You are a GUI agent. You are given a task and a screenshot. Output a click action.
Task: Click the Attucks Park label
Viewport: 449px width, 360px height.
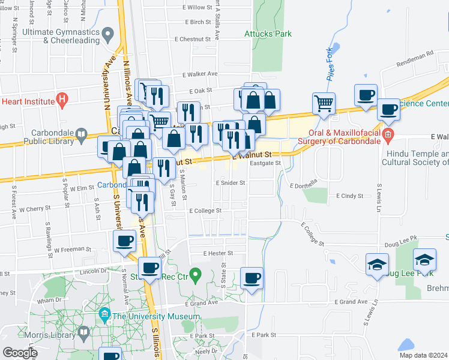[x=267, y=34]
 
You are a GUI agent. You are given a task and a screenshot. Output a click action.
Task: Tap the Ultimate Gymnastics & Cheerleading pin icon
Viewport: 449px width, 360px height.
[x=108, y=32]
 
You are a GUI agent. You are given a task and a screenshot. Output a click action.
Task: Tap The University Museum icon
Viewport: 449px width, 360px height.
[x=105, y=314]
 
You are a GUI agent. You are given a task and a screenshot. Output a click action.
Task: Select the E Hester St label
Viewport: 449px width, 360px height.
[x=217, y=253]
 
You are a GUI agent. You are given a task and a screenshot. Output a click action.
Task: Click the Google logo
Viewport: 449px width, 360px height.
[x=20, y=353]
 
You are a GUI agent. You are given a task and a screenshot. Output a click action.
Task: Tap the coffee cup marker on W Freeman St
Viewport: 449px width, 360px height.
[x=125, y=241]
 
